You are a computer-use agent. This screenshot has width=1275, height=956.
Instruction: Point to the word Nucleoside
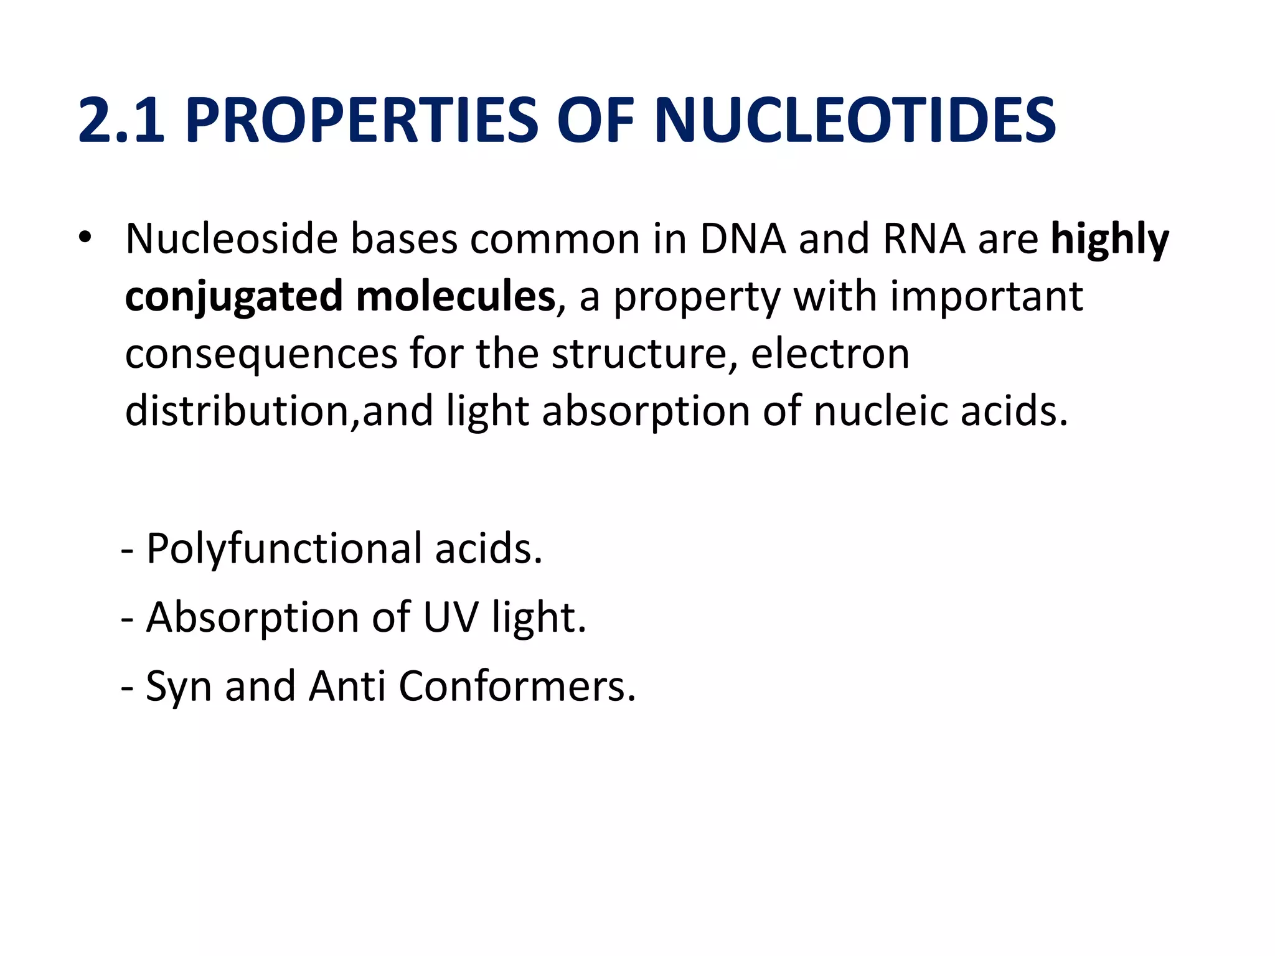coord(231,240)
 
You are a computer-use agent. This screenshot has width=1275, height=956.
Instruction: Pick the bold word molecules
coord(455,297)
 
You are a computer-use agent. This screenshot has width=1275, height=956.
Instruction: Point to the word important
coord(986,297)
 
